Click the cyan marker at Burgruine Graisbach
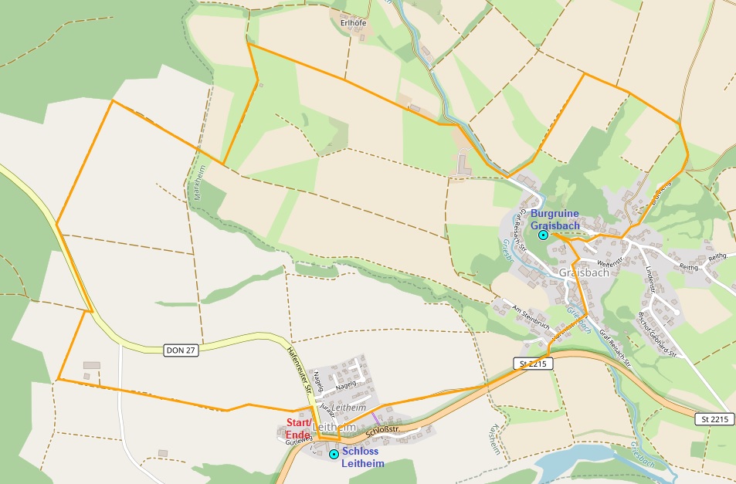(x=543, y=235)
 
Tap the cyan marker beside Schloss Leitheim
(x=334, y=455)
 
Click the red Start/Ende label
(x=299, y=428)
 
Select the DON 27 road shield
(x=182, y=350)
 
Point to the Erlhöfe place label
(x=353, y=22)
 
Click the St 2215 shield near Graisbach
(x=532, y=363)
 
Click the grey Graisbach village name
(x=583, y=272)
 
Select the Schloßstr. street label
(x=381, y=425)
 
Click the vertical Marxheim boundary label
(x=198, y=183)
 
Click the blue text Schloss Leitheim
(x=363, y=457)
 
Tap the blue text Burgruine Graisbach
(x=555, y=219)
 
